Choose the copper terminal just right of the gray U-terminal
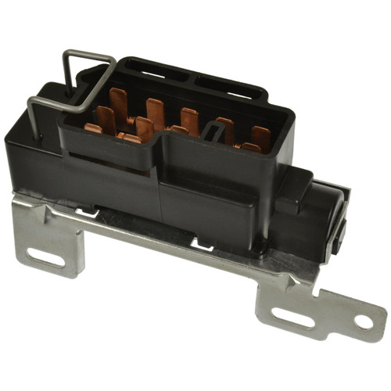click(226, 129)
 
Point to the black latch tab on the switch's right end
click(338, 235)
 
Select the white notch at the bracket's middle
click(202, 248)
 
